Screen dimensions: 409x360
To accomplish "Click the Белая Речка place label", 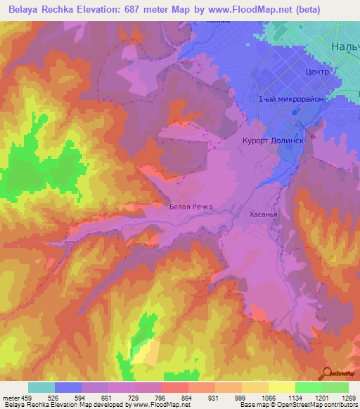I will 191,207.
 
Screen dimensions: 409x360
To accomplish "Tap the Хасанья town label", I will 264,217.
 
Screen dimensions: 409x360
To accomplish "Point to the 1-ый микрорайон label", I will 291,100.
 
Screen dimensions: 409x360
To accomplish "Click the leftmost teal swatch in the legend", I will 41,387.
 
